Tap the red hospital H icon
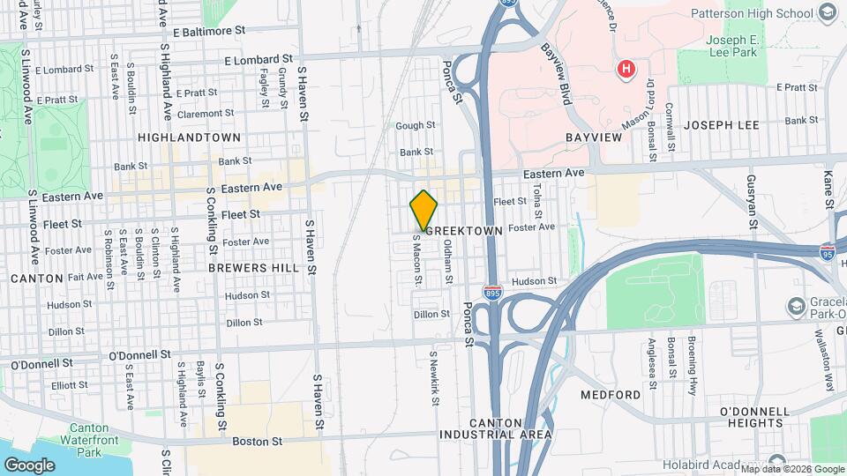point(626,68)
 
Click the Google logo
point(29,465)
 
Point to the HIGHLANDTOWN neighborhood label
point(189,138)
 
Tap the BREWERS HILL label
point(242,266)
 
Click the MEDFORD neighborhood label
point(611,394)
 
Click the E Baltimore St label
point(208,31)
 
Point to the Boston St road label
point(258,441)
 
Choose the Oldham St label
point(448,262)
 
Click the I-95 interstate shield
point(827,251)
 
